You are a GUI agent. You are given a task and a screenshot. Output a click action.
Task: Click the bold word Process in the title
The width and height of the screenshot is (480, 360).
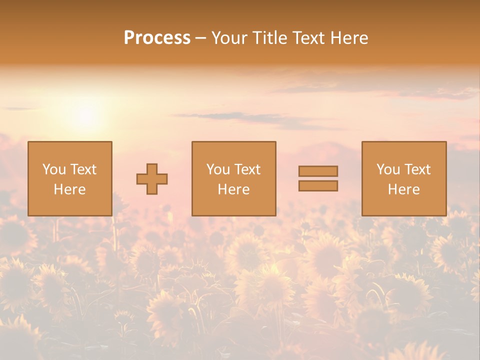pos(157,38)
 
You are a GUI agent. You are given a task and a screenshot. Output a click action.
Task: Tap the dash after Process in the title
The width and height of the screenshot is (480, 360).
pos(201,38)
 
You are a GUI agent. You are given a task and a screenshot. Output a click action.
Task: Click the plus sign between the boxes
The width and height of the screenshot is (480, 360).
pos(152,179)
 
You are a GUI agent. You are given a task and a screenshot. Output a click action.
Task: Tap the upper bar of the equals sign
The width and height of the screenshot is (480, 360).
pos(318,171)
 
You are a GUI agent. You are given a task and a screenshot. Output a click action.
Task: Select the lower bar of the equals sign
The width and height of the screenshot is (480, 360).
pos(318,186)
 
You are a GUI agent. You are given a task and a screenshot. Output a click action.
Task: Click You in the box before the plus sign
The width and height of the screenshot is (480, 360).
pos(54,169)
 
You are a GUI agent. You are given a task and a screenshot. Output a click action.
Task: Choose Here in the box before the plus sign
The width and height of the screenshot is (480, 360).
pos(69,189)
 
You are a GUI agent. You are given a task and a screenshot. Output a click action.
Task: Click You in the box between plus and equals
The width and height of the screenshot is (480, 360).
pos(218,169)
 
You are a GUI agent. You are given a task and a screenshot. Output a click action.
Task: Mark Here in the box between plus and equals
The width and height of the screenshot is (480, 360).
pos(233,189)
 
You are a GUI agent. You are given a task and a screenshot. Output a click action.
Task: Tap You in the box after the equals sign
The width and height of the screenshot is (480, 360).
pos(388,169)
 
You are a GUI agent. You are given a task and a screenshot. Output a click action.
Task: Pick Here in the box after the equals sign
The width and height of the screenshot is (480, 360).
pos(403,189)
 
